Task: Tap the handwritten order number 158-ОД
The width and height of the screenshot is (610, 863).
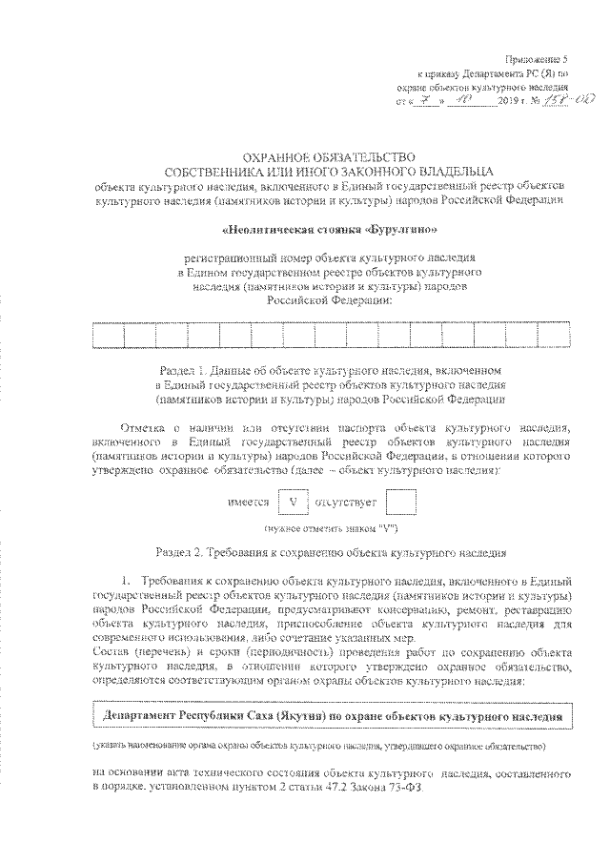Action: coord(546,99)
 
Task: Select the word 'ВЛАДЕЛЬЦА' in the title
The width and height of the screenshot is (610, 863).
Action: coord(435,171)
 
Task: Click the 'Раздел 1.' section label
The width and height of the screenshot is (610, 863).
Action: coord(183,368)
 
